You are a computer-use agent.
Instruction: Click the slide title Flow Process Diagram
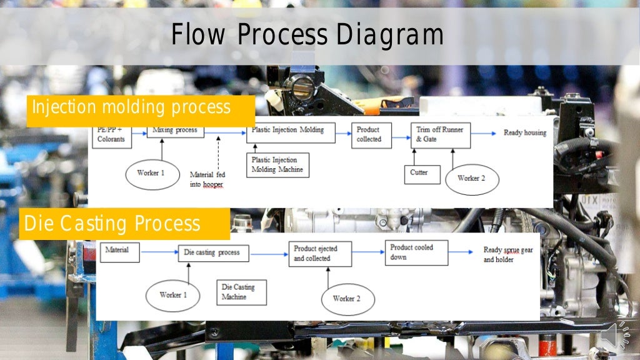307,36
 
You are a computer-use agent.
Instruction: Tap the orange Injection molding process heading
131,108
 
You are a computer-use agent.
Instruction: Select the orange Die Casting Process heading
112,223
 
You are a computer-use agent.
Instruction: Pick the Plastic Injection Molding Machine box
277,164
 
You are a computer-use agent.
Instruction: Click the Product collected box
371,135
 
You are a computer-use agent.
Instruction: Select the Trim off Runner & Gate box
441,135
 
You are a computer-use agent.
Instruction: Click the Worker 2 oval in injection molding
472,179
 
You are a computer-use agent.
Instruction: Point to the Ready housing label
525,133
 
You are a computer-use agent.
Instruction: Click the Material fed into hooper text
207,179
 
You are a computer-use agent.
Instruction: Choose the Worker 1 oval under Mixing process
152,173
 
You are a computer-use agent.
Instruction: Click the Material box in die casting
119,251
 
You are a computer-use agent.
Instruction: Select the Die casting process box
213,253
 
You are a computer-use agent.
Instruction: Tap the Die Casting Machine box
241,292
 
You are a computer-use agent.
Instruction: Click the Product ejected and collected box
319,254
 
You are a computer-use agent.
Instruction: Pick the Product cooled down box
416,252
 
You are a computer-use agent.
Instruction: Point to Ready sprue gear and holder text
508,255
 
